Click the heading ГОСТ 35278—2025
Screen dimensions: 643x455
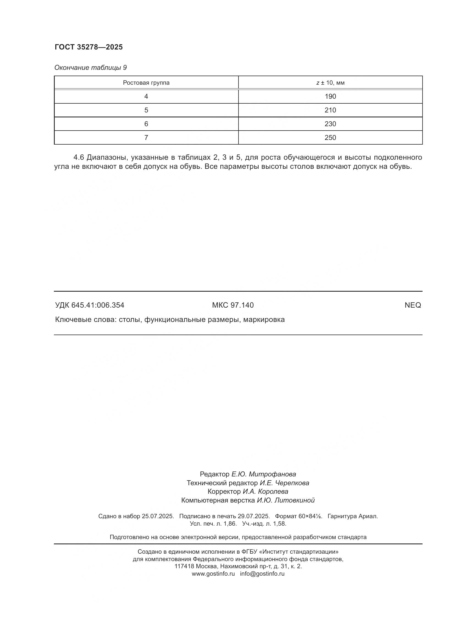point(89,47)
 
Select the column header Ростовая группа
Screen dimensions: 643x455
point(146,83)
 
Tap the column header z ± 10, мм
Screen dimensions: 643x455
point(330,83)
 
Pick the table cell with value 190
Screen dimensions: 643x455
point(330,96)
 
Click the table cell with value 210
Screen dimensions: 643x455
point(330,110)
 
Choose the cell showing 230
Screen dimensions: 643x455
point(330,124)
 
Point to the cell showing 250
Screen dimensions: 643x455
point(330,138)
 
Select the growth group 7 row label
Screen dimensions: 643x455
point(146,138)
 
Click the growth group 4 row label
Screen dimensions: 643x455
point(146,96)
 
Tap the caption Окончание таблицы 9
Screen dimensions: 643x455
point(90,68)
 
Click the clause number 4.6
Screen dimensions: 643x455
point(79,158)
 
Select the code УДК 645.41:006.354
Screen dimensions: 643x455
point(90,305)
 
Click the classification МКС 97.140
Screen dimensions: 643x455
point(232,305)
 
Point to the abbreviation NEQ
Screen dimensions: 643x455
point(412,305)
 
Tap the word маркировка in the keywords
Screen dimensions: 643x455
point(264,319)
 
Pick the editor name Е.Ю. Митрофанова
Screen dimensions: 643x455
point(263,474)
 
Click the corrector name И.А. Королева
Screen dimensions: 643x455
point(265,492)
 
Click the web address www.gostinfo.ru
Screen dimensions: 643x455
point(213,573)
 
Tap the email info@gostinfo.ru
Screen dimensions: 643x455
point(262,573)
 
